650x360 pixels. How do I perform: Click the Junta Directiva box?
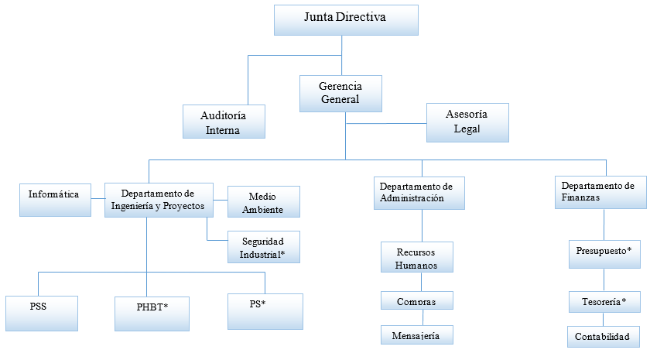[346, 20]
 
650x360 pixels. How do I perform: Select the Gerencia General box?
[340, 92]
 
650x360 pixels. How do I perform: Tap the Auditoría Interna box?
[223, 122]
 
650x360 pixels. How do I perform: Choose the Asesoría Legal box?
[467, 122]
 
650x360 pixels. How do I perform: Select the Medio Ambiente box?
[262, 201]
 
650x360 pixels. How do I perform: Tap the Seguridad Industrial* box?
[262, 247]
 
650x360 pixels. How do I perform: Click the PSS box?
[41, 314]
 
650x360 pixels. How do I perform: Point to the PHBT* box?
[152, 314]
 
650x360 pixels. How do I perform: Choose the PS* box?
[265, 311]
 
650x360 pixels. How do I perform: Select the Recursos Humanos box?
[416, 257]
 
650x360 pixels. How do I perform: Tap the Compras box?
[416, 301]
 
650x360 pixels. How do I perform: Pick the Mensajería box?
[416, 334]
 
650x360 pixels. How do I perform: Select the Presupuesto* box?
[604, 252]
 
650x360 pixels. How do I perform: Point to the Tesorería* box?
[604, 300]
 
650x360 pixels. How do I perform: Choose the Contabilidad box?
[604, 336]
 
